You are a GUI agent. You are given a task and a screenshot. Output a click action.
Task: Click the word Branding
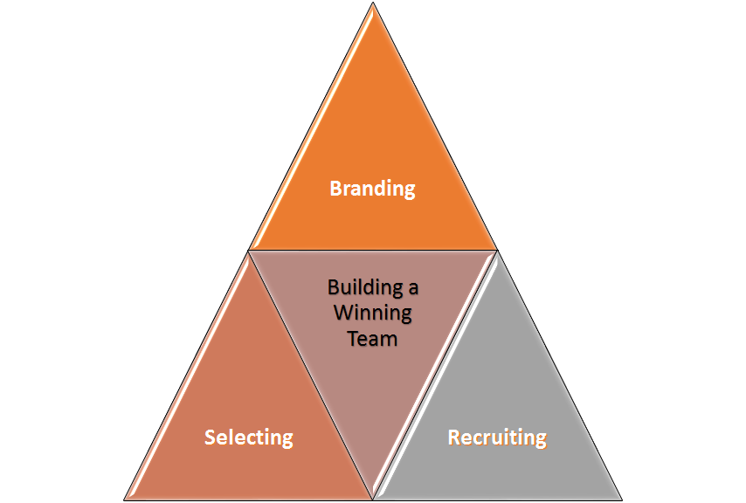pyautogui.click(x=372, y=188)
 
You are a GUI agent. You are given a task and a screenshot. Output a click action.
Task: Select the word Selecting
pyautogui.click(x=248, y=437)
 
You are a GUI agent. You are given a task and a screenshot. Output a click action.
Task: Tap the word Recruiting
pyautogui.click(x=497, y=437)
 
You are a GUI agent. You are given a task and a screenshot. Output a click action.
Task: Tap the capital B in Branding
pyautogui.click(x=335, y=188)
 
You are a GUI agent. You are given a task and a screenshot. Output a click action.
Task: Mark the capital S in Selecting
pyautogui.click(x=210, y=437)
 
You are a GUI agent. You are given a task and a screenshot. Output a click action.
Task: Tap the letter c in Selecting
pyautogui.click(x=249, y=437)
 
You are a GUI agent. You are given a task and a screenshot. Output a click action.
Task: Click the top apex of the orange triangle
pyautogui.click(x=373, y=3)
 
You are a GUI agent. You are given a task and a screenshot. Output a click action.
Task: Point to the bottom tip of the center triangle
pyautogui.click(x=373, y=499)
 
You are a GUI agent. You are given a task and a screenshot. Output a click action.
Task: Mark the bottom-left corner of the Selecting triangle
pyautogui.click(x=124, y=500)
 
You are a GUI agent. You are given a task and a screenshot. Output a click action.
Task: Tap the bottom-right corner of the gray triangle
pyautogui.click(x=622, y=500)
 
